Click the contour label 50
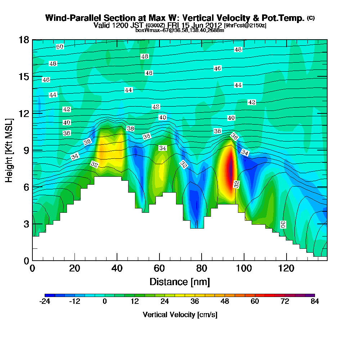pos(60,47)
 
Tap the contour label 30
pos(283,225)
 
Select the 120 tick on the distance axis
pos(286,269)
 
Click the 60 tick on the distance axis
pos(159,269)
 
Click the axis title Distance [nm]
pos(180,282)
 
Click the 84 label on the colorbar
pos(315,302)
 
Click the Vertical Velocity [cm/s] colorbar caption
pos(180,315)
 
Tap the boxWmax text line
pos(180,30)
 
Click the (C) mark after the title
pos(311,18)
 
